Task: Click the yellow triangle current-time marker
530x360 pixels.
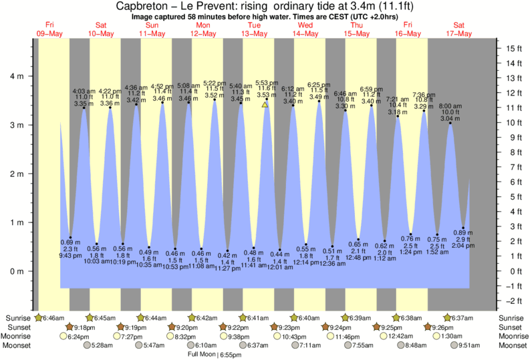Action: (265, 105)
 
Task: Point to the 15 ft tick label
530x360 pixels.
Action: (513, 49)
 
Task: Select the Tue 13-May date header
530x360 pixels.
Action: (255, 30)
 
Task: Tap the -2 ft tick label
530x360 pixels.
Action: (513, 301)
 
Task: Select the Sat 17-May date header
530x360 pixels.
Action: (460, 30)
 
